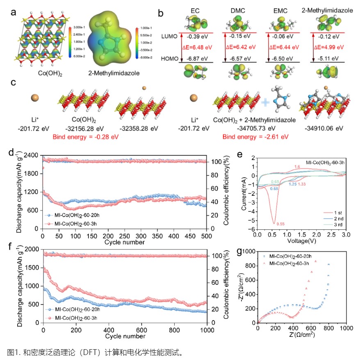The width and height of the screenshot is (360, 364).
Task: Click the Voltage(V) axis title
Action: pos(301,242)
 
